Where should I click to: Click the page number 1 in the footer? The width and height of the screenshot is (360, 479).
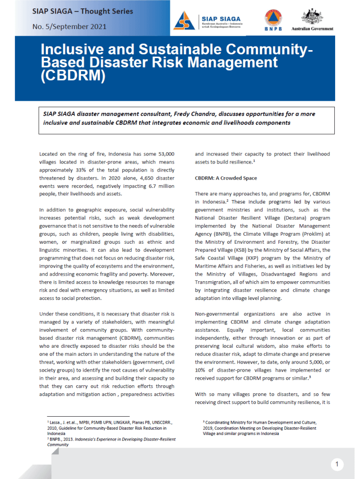coord(337,464)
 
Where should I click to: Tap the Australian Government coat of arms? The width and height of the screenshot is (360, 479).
coord(312,15)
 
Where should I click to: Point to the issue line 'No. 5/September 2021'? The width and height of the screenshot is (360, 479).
coord(69,26)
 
